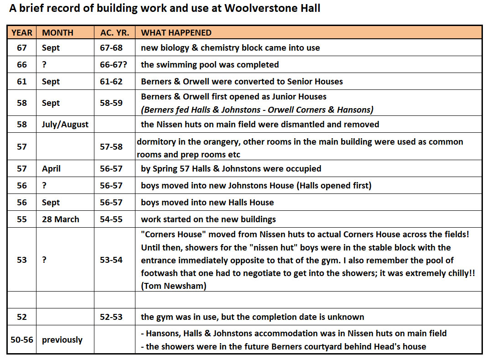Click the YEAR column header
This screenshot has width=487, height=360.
coord(22,32)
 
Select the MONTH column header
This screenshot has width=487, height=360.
coord(57,32)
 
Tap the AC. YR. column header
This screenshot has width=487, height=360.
coord(114,32)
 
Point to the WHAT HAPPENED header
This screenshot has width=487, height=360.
coord(176,32)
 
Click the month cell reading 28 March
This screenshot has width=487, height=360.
coord(61,219)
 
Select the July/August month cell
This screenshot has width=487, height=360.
coord(65,124)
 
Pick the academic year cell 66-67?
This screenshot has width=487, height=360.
coord(114,65)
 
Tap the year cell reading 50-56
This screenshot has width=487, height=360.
coord(22,339)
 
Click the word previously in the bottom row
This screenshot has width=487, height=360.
coord(62,339)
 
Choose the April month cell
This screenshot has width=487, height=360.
coord(51,168)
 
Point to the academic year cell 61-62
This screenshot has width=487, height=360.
coord(111,82)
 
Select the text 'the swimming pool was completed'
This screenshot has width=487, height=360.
coord(210,65)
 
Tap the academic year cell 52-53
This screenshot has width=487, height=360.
coord(111,317)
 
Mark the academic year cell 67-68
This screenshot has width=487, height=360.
coord(111,48)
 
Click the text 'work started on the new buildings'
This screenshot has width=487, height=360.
coord(208,219)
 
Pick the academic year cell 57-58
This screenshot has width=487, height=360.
coord(111,146)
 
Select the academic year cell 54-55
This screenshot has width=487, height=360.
coord(111,219)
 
